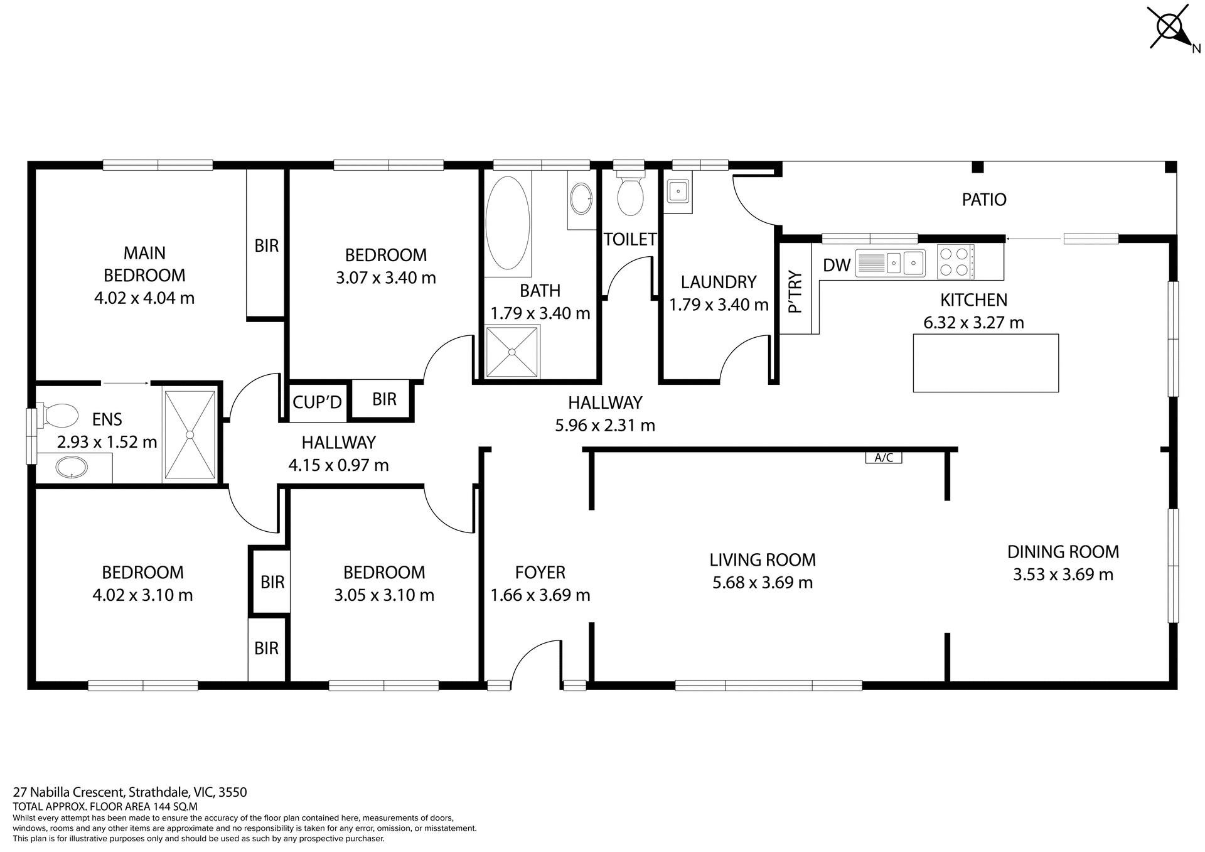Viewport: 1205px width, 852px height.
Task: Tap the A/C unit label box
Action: [x=883, y=458]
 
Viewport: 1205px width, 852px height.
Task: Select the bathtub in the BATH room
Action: [x=507, y=223]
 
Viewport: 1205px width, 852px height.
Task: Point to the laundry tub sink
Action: [x=678, y=190]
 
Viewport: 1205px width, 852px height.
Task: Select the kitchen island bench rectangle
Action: [x=985, y=363]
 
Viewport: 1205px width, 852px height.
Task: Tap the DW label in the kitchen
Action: [x=837, y=265]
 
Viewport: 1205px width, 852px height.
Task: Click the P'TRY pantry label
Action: [x=795, y=291]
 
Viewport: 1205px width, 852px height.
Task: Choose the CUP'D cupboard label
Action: [x=317, y=402]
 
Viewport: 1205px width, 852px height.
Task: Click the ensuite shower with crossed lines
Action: [x=190, y=434]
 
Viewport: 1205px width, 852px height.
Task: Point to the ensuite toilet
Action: [x=58, y=415]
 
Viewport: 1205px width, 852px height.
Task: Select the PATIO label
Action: [x=983, y=200]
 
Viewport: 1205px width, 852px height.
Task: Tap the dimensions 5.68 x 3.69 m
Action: [x=762, y=583]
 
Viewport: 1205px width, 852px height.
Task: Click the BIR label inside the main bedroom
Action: [x=266, y=245]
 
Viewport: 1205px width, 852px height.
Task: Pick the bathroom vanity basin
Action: [x=581, y=198]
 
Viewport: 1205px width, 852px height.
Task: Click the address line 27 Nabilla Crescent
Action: [x=130, y=792]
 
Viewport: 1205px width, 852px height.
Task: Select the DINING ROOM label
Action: [x=1063, y=552]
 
